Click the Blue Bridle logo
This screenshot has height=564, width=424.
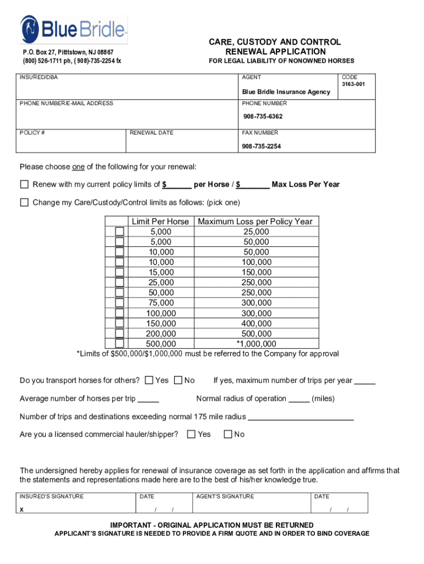74,29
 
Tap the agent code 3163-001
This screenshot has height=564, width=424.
352,85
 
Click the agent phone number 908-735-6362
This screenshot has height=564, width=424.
263,117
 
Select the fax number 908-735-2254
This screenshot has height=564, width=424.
261,146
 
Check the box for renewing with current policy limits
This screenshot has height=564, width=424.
24,184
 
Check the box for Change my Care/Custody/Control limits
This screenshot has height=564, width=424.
24,202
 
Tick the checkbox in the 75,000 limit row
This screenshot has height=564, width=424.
119,303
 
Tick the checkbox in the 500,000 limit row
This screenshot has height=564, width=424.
119,344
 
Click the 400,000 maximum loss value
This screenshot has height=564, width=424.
257,323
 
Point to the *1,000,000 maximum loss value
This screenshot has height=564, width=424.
257,344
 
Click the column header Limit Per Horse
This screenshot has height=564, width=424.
160,221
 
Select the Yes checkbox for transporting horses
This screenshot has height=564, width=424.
149,380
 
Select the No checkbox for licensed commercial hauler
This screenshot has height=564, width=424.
228,434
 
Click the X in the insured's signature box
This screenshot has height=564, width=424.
21,509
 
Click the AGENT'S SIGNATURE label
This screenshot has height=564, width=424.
225,496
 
